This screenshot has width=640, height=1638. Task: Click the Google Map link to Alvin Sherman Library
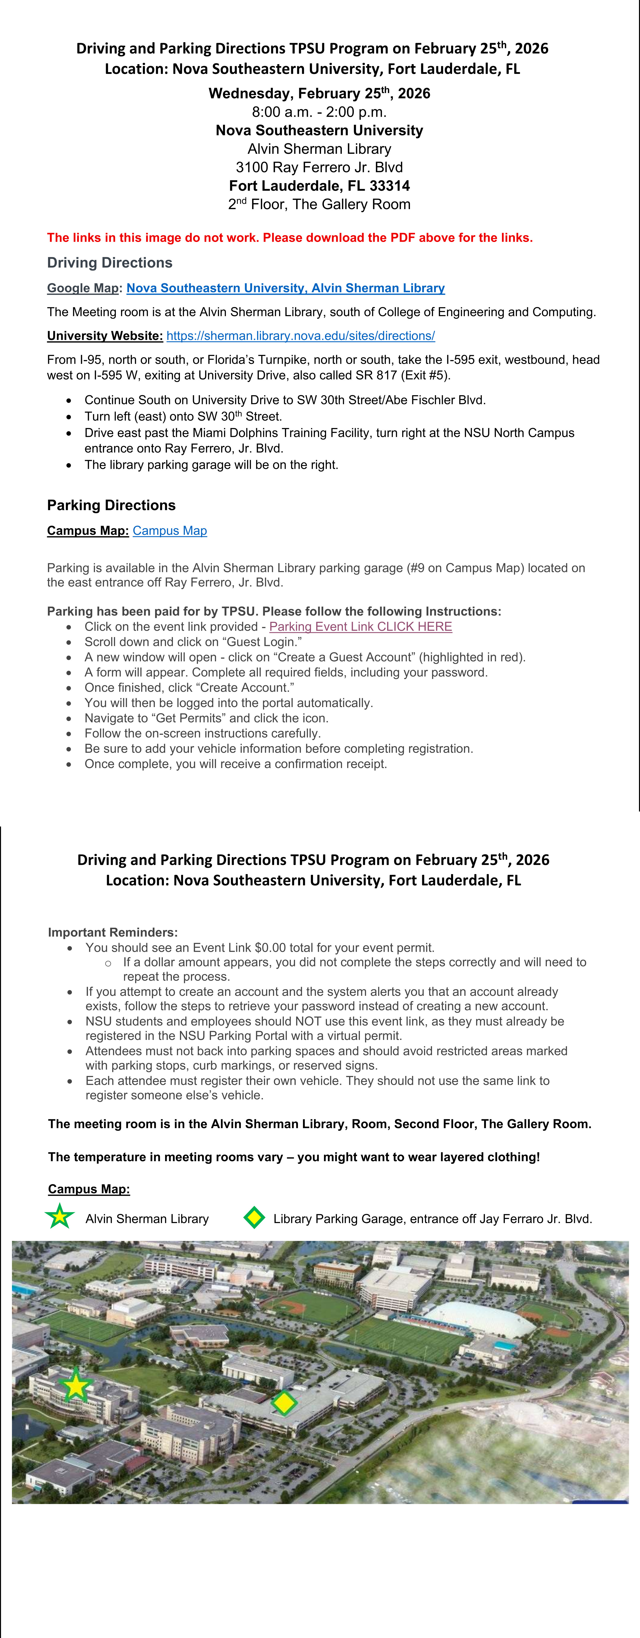(x=286, y=288)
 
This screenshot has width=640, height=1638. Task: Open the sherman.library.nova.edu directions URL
(x=300, y=336)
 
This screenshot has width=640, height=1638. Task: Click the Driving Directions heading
(x=110, y=263)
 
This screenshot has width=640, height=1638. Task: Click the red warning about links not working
(x=289, y=238)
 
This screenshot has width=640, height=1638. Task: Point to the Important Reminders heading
(x=113, y=932)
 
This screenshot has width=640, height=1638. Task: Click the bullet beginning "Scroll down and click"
(x=193, y=642)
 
